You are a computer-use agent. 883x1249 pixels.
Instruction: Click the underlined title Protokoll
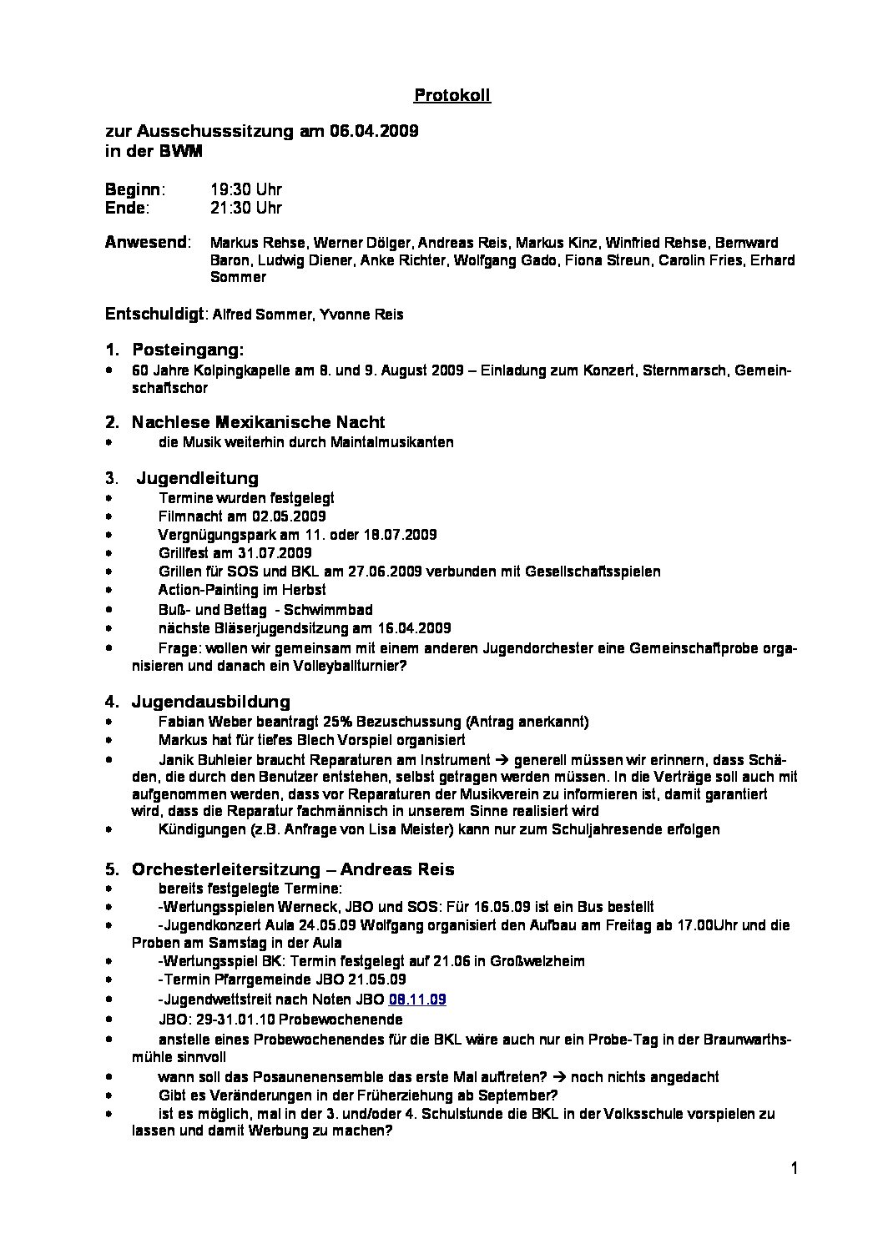(452, 96)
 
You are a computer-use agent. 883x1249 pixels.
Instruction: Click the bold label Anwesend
(146, 243)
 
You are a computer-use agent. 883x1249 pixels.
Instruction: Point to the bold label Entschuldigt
(154, 315)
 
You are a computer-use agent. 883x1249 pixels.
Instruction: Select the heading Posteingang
(187, 350)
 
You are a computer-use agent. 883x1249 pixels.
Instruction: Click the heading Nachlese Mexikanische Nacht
(258, 422)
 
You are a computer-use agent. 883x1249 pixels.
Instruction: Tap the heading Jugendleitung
(197, 478)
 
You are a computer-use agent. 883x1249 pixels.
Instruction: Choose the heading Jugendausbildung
(210, 702)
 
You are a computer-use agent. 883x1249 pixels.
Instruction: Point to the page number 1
(795, 1169)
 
